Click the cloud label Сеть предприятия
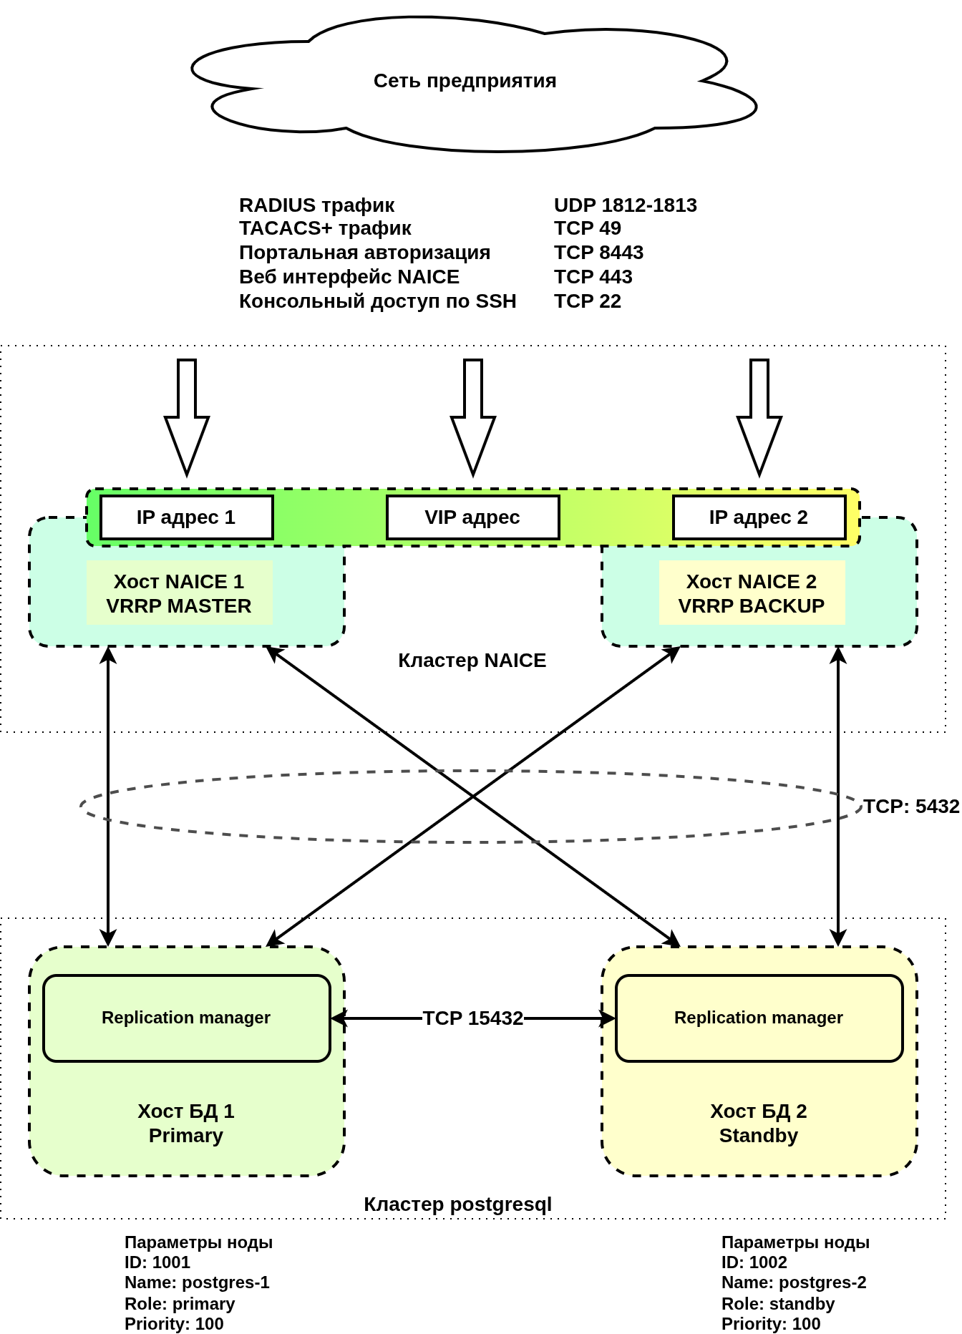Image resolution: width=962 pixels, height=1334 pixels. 465,81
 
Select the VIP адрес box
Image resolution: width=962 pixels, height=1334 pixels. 472,517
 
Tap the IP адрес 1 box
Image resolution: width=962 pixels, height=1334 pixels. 186,517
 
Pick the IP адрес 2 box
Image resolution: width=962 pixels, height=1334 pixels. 759,517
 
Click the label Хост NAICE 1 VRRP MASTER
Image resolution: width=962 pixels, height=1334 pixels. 179,593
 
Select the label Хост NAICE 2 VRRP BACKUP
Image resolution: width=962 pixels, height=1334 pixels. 752,593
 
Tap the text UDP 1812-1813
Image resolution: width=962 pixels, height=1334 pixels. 625,205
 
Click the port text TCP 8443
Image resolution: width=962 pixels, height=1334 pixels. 598,253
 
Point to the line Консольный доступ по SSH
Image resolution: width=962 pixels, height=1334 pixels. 377,301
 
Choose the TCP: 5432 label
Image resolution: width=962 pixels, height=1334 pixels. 910,807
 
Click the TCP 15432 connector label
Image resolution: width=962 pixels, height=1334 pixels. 472,1018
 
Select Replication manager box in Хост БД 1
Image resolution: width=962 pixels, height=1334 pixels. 186,1018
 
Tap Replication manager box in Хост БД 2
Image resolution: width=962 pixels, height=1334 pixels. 759,1018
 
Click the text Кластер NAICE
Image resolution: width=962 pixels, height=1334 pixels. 472,661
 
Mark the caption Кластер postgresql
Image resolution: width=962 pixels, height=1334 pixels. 457,1204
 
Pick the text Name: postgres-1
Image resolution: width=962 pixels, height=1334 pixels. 197,1282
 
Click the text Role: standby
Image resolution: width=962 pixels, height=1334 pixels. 778,1304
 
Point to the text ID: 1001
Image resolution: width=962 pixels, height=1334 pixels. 157,1262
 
